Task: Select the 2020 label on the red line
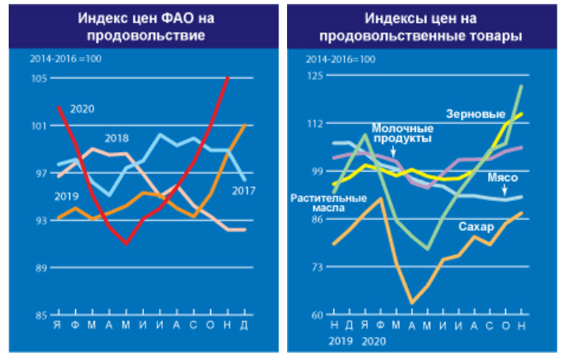(x=82, y=108)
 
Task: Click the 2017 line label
(x=243, y=190)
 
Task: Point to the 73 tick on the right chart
(x=316, y=267)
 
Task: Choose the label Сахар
(x=475, y=227)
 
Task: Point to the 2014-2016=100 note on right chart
(x=340, y=60)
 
